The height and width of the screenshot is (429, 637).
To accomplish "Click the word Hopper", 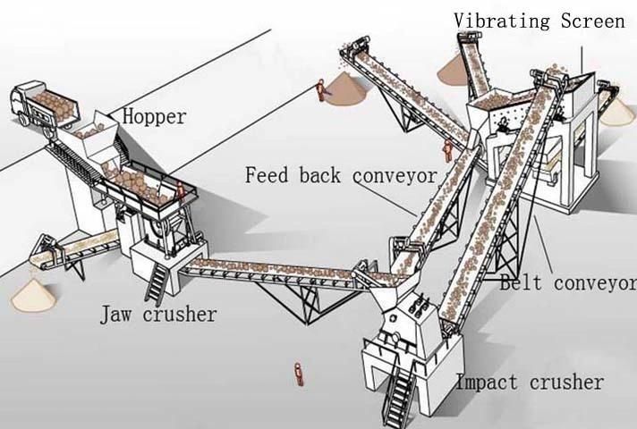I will tap(154, 117).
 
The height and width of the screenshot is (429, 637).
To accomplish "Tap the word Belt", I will tap(522, 284).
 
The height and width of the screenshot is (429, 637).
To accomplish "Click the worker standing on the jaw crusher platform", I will tap(181, 191).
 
